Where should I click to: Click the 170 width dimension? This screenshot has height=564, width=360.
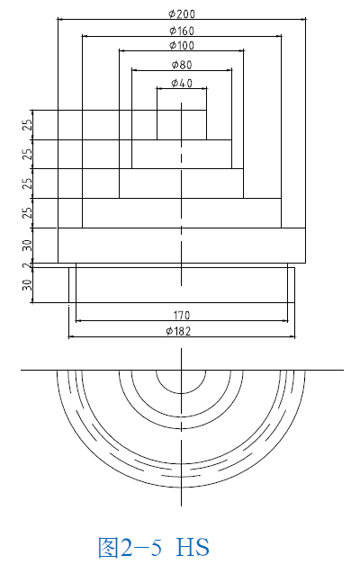tap(182, 315)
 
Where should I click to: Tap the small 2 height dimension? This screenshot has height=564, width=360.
tap(27, 265)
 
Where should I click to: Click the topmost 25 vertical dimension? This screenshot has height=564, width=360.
tap(28, 124)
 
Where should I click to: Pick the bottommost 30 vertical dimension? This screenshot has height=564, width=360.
tap(28, 285)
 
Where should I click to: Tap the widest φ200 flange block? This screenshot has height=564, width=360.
tap(135, 245)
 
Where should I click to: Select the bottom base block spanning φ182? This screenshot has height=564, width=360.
tap(135, 284)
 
